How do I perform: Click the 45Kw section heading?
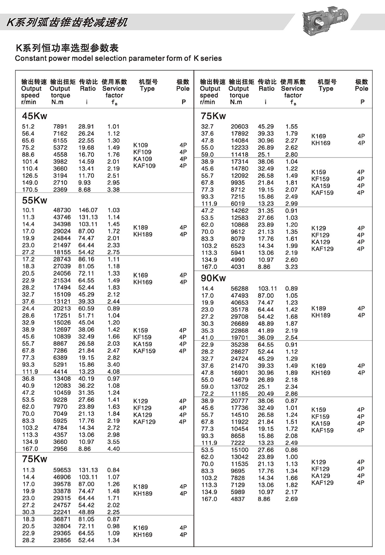tap(34, 116)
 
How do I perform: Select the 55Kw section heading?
tap(34, 200)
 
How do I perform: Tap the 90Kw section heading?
tap(213, 278)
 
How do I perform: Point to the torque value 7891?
tap(60, 127)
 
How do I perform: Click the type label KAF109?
tap(144, 166)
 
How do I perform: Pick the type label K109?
tap(140, 145)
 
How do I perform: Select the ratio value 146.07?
tap(88, 210)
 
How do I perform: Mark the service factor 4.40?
tap(113, 449)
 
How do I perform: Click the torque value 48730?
tap(62, 210)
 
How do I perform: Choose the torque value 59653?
tap(62, 470)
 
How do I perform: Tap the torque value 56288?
tap(239, 289)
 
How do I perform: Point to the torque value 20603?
tap(239, 127)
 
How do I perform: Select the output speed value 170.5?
tap(30, 190)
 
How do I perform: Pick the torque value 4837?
tap(238, 499)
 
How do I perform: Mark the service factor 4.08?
tap(113, 372)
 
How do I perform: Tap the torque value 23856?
tap(62, 540)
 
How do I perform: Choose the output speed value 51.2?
tap(28, 127)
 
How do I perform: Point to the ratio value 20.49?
tap(266, 394)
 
